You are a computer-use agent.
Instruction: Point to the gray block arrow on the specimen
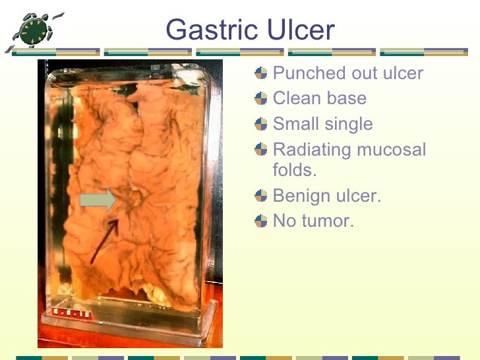click(98, 200)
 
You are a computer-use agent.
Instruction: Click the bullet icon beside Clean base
click(262, 99)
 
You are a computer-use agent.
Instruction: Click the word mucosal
click(392, 150)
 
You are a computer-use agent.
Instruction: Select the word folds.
click(294, 170)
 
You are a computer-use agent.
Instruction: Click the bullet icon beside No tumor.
click(262, 221)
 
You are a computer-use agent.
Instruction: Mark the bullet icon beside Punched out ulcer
click(262, 73)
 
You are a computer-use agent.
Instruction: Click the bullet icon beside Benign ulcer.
click(262, 196)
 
